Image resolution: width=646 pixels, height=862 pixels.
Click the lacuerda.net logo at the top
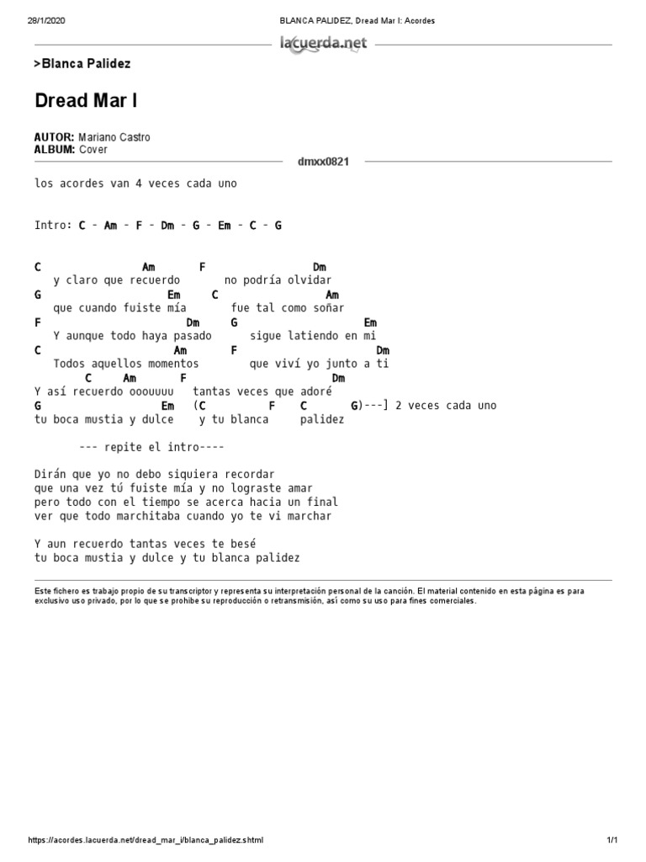(323, 44)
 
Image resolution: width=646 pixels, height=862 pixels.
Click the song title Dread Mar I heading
(86, 101)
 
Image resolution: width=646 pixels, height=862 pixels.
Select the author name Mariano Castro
(114, 137)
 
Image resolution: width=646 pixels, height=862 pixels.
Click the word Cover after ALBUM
(93, 150)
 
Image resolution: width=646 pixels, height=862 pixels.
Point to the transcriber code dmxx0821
(323, 161)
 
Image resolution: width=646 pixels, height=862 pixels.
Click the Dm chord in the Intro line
(167, 226)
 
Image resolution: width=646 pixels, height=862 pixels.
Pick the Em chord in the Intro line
(225, 226)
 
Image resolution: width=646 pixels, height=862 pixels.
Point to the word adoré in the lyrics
(316, 391)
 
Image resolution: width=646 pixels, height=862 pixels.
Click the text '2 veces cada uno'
(446, 405)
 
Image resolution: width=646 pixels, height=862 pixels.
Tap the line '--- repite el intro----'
(151, 447)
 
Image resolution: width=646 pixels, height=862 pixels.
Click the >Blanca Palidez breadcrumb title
(82, 64)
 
